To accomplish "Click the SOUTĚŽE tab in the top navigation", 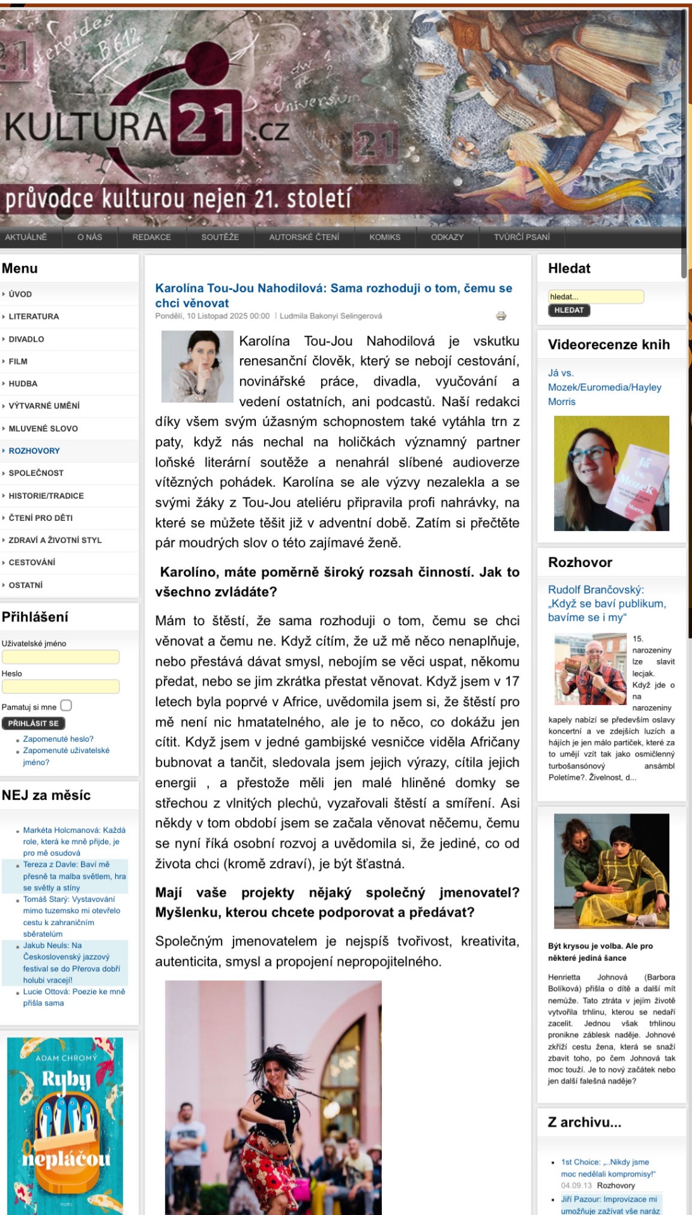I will click(x=220, y=237).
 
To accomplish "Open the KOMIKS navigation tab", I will click(x=385, y=237).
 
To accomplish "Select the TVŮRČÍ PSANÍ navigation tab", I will click(x=522, y=237).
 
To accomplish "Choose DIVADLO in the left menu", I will click(x=27, y=339).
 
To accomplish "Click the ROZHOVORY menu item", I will click(x=34, y=451).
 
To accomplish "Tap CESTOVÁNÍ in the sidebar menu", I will click(x=32, y=562).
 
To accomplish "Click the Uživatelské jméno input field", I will click(x=61, y=657).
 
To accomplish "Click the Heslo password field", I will click(x=61, y=687).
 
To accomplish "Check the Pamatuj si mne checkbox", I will click(x=66, y=706).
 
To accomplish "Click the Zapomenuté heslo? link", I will click(x=58, y=739).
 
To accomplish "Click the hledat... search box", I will click(x=595, y=296).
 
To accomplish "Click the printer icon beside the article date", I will click(x=501, y=316).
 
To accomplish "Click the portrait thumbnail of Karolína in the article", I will click(x=198, y=366).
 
